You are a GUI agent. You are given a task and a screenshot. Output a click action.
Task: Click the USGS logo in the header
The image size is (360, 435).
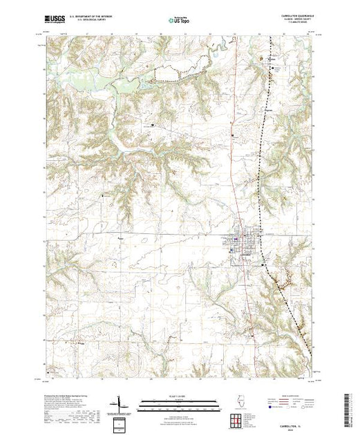(x=55, y=21)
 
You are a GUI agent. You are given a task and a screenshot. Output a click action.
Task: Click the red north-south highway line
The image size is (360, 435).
(x=238, y=173)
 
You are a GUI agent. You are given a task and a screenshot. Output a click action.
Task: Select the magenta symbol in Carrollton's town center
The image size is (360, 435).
(x=237, y=240)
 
